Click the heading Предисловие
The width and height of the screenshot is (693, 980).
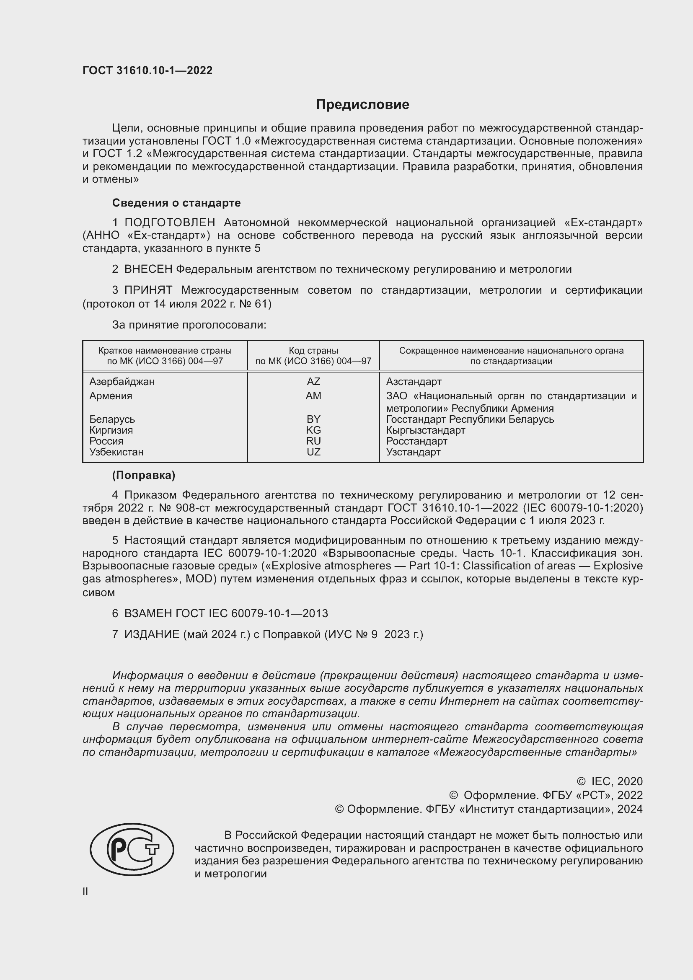[362, 105]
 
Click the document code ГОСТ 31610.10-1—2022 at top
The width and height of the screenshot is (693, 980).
[147, 70]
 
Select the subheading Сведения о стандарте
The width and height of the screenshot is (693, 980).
[176, 203]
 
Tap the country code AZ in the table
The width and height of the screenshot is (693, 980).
[313, 382]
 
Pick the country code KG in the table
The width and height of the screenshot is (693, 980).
[313, 430]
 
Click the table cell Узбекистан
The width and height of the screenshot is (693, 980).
[116, 452]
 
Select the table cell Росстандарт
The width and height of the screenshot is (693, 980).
[416, 441]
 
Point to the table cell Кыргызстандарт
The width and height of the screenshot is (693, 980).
[425, 430]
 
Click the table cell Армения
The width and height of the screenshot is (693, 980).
[111, 396]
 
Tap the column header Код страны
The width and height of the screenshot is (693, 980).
[313, 351]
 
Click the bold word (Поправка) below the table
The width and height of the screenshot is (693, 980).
[143, 476]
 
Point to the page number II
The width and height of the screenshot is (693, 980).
[85, 891]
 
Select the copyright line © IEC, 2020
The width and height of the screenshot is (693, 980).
[609, 781]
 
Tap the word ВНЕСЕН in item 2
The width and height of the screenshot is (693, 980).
[148, 269]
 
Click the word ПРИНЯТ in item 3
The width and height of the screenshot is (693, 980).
[148, 290]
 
